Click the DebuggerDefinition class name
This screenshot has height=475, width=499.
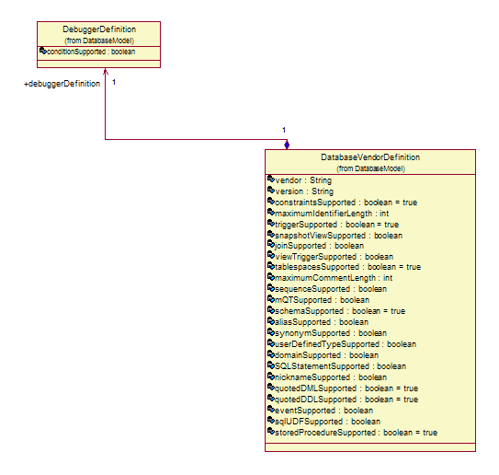pos(99,29)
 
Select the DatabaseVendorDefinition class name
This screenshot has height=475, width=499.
pos(370,157)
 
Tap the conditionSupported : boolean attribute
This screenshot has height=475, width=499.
pos(91,52)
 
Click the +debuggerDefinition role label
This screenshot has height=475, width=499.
pos(62,84)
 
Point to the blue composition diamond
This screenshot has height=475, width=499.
pos(287,145)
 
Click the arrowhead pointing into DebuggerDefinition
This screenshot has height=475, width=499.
pos(106,71)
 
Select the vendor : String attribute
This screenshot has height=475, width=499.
pos(303,180)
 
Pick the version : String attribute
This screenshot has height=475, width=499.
pos(304,191)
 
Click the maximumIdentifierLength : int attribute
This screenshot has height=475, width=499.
pos(332,214)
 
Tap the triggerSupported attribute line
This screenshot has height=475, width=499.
pos(336,225)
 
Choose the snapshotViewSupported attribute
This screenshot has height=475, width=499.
pos(338,236)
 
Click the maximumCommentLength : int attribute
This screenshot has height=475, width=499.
pos(334,278)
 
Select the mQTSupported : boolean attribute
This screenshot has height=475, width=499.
pos(322,300)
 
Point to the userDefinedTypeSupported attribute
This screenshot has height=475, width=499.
pos(346,344)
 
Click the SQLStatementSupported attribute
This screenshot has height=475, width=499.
pos(341,366)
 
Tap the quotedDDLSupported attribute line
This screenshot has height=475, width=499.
pos(346,400)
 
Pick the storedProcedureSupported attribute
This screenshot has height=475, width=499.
pos(357,433)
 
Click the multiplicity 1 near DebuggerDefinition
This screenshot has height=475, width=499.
pos(114,82)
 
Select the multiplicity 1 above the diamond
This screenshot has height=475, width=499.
pos(284,130)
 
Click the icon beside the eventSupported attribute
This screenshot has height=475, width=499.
pos(271,409)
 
